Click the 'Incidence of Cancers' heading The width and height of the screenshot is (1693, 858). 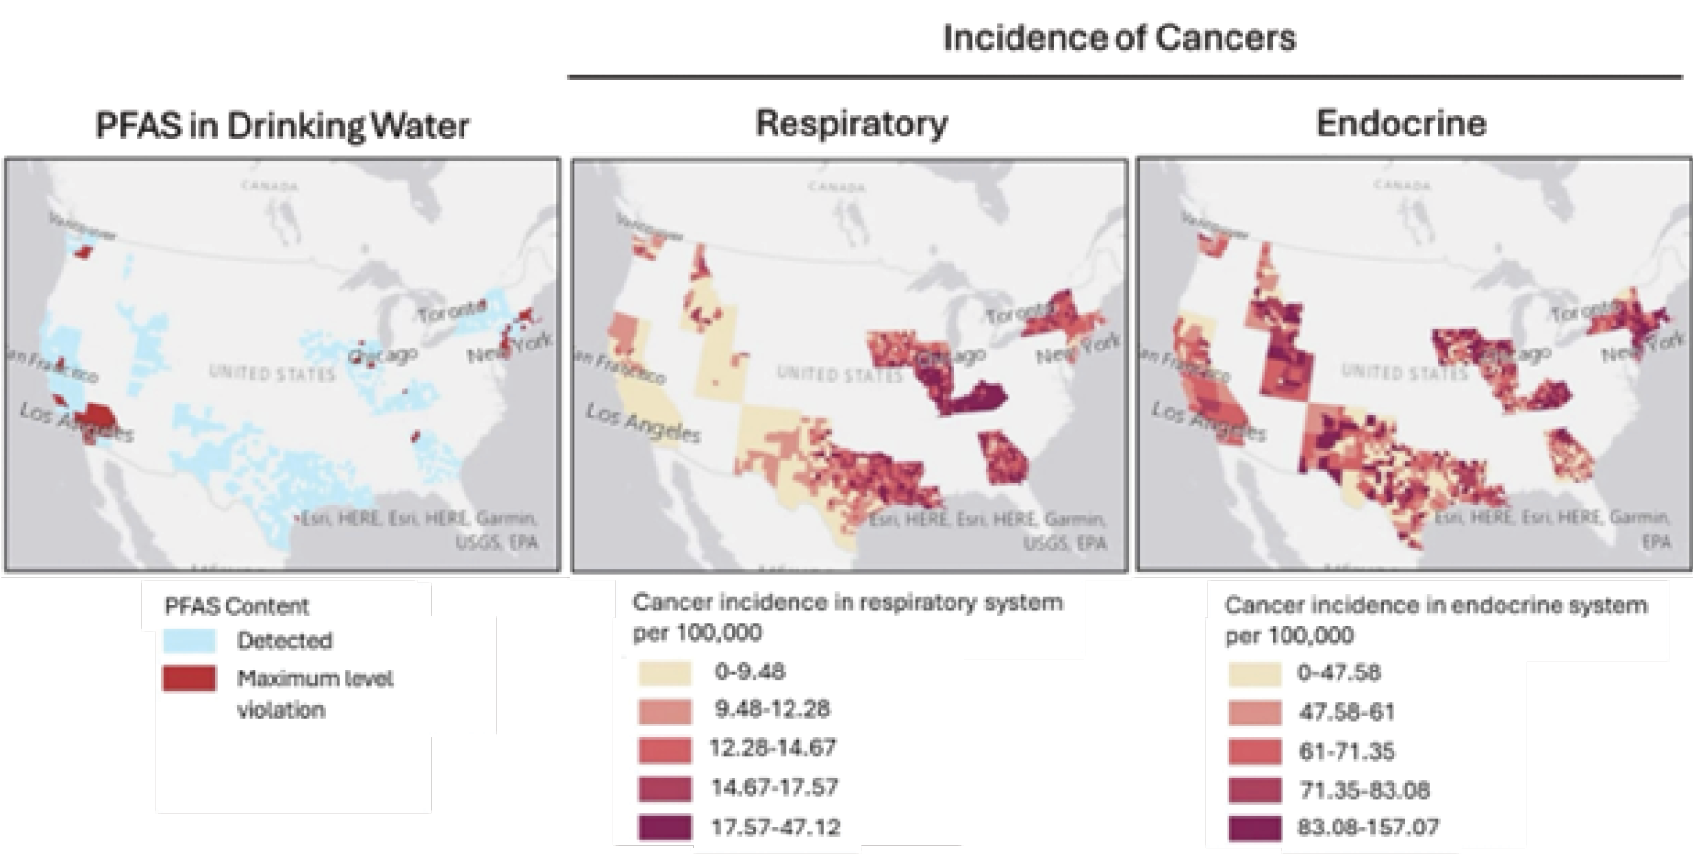coord(1119,38)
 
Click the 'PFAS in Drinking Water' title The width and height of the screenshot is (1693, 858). coord(282,126)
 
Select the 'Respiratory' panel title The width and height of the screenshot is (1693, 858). coord(850,124)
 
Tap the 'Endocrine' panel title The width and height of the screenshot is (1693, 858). coord(1400,124)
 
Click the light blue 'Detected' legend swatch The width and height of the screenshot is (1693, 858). coord(190,641)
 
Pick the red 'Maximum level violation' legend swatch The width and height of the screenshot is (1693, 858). coord(190,678)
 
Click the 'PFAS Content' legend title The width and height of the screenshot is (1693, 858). coord(237,606)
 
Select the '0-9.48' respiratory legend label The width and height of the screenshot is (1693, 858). coord(749,672)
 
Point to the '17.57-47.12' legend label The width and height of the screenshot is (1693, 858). coord(775,828)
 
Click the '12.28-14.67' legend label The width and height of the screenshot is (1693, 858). coord(772,748)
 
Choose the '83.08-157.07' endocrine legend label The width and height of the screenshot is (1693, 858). coord(1367,828)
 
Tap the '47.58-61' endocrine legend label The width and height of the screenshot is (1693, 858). coord(1345,712)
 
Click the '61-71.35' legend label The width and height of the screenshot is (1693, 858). coord(1345,752)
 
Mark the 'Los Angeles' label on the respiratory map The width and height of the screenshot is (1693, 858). coord(643,422)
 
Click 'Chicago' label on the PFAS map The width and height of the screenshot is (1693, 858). coord(384,356)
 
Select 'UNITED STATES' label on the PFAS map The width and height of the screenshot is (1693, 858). coord(271,373)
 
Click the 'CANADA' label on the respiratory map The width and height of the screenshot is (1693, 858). coord(837,187)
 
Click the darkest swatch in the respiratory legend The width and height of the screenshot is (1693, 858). coord(665,828)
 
